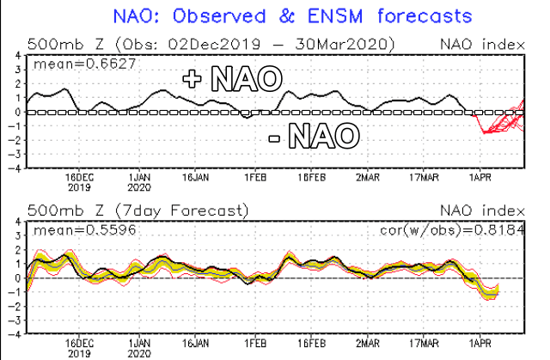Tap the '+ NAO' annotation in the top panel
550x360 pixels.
click(x=232, y=80)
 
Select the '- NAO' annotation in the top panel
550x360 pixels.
click(x=316, y=135)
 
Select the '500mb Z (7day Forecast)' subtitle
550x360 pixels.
click(x=138, y=211)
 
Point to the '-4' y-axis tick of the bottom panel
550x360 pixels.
click(x=16, y=334)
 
